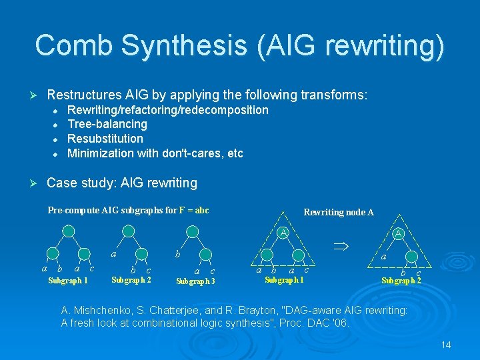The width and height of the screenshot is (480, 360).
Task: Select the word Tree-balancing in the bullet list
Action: (x=107, y=124)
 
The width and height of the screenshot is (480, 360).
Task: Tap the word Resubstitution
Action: (x=105, y=139)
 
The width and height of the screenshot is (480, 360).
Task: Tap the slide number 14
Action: (x=446, y=344)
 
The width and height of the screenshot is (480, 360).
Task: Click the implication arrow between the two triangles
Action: (x=341, y=246)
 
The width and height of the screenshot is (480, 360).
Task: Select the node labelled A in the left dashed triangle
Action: (x=284, y=233)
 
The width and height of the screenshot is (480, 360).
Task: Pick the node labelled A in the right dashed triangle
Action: (x=398, y=233)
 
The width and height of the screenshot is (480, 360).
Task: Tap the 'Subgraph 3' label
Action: (x=195, y=281)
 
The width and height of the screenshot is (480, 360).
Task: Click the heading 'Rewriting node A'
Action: (x=338, y=212)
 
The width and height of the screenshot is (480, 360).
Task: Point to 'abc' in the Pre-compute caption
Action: (x=201, y=211)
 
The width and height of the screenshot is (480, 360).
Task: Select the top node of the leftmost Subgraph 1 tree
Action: (x=68, y=231)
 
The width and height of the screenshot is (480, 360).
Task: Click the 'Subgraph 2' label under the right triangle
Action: (x=401, y=281)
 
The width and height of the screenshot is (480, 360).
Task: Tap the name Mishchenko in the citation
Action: (x=103, y=311)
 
